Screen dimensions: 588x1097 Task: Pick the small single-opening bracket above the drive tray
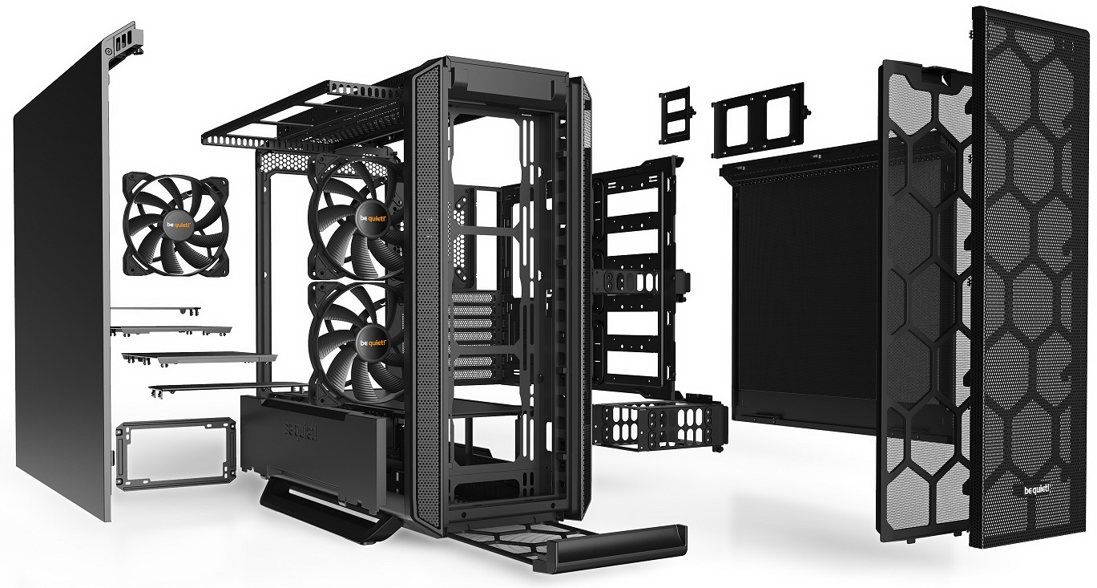676,117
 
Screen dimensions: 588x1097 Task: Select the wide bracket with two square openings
757,117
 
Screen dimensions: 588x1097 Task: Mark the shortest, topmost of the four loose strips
156,309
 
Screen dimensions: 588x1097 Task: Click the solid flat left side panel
60,281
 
